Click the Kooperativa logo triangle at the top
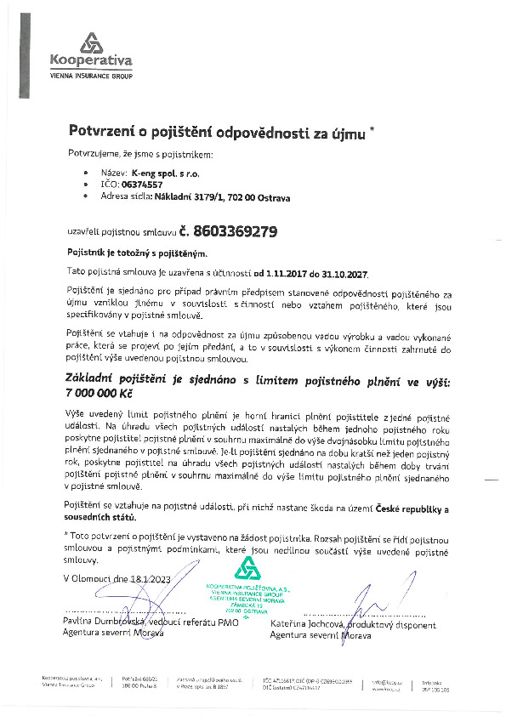pyautogui.click(x=90, y=43)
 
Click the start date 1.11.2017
pyautogui.click(x=291, y=271)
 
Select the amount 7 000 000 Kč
pyautogui.click(x=101, y=395)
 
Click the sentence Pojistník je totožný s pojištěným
pyautogui.click(x=136, y=253)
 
